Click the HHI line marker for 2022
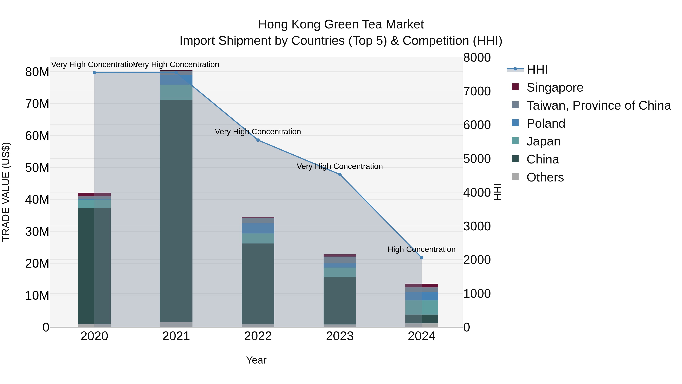[258, 140]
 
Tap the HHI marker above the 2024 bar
[422, 258]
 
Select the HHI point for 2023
[340, 174]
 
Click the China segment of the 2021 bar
[176, 211]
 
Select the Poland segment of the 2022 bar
[258, 228]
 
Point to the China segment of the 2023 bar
[340, 301]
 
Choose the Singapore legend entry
[555, 87]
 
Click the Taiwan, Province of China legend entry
[598, 105]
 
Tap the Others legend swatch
[515, 177]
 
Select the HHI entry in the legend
[537, 69]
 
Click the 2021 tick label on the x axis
[176, 336]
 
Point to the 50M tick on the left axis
[37, 168]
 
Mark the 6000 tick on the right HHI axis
[477, 125]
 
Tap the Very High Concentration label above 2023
[339, 166]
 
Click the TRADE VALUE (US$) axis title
[6, 192]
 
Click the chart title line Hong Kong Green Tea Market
[341, 24]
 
